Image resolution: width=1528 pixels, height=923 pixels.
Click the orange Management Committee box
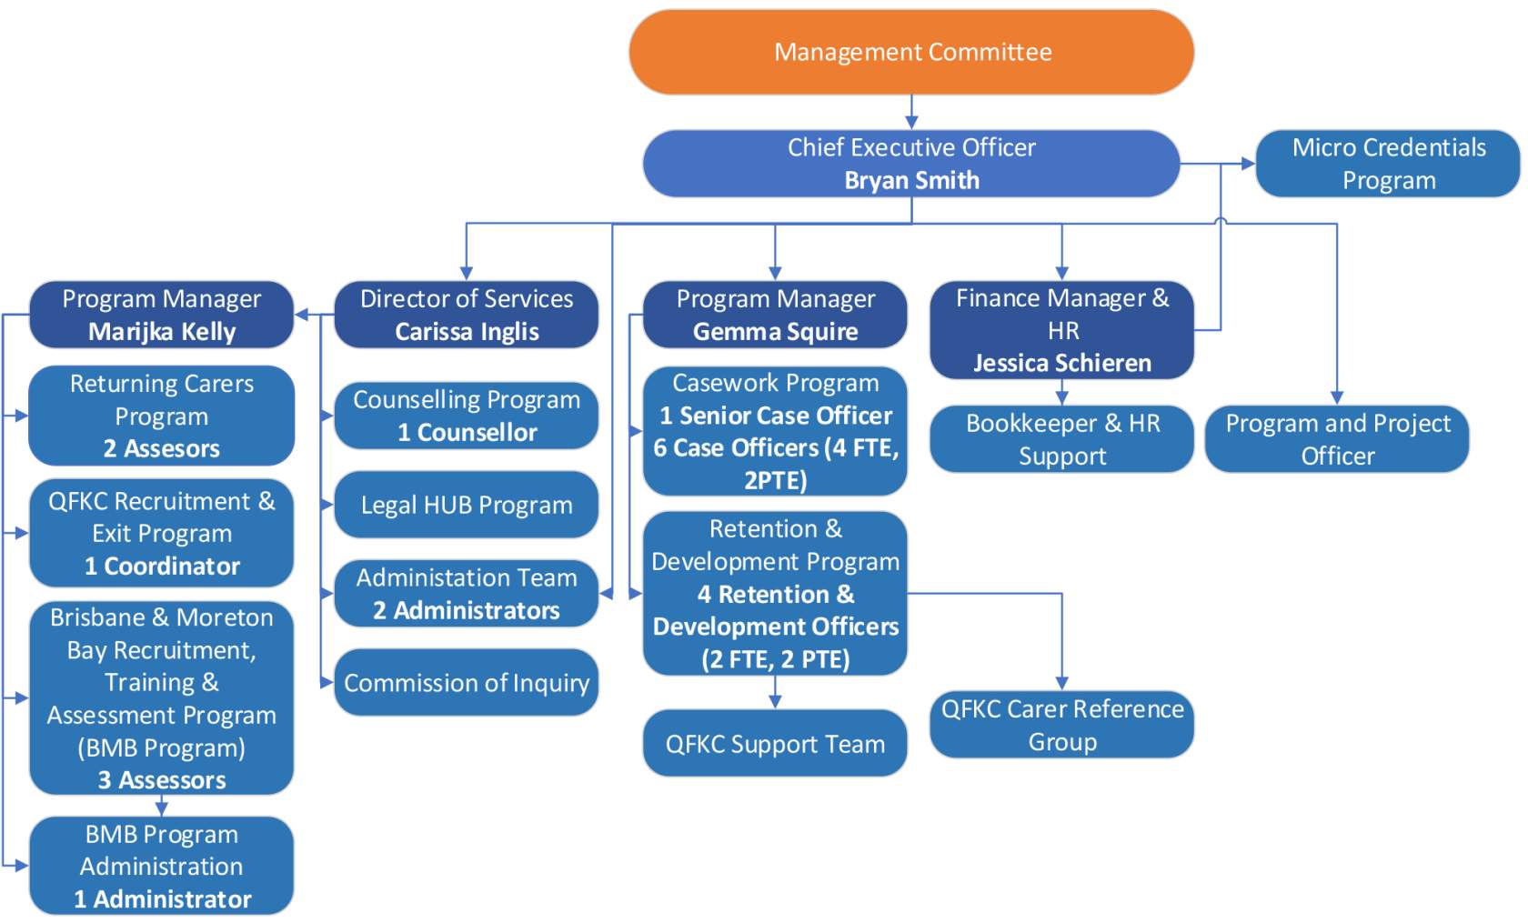(x=911, y=52)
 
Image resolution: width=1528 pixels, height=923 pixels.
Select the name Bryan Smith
(x=911, y=180)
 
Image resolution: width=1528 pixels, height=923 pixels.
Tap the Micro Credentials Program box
(x=1388, y=164)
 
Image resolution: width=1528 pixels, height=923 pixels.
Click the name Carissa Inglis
(x=467, y=332)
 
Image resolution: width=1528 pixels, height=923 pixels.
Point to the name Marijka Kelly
(x=162, y=332)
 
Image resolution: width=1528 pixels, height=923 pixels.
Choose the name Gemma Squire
(x=775, y=332)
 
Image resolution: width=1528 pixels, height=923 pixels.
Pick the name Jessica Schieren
(x=1061, y=363)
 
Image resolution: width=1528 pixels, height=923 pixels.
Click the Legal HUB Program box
(x=467, y=505)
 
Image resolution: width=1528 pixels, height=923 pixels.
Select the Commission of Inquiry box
(x=467, y=682)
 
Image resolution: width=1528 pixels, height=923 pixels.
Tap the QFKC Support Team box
(x=775, y=744)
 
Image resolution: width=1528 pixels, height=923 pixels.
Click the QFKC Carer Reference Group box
(x=1061, y=725)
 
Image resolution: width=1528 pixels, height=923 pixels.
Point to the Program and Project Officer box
(x=1337, y=439)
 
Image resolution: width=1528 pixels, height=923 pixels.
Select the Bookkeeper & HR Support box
(x=1061, y=439)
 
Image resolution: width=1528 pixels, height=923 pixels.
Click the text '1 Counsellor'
(x=467, y=433)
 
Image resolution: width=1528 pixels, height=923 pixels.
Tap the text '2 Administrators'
(x=467, y=610)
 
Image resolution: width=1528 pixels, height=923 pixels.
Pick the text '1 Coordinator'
(x=162, y=566)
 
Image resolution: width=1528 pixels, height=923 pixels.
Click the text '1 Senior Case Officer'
(x=775, y=416)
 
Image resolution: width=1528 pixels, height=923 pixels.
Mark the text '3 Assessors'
(x=162, y=780)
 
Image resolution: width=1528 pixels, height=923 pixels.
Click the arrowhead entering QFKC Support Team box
(x=775, y=702)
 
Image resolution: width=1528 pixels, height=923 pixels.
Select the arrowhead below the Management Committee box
(x=911, y=123)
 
